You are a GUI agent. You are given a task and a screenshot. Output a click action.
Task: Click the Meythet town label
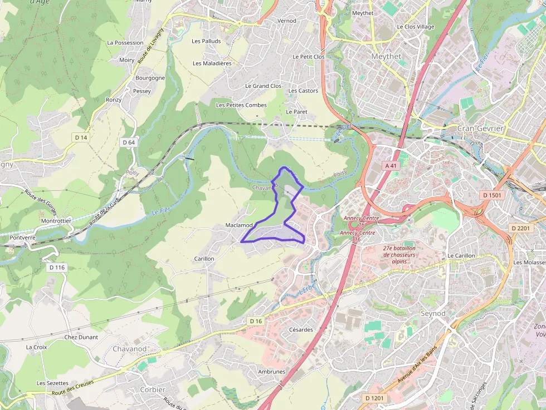point(386,56)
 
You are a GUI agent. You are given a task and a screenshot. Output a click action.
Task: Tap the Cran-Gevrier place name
point(480,129)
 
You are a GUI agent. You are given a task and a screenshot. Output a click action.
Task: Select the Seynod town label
point(433,314)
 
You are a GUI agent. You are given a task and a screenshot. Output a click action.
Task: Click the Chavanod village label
point(129,349)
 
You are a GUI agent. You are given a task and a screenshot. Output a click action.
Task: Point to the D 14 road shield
point(81,137)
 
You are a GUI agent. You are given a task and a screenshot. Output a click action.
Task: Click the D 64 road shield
point(128,142)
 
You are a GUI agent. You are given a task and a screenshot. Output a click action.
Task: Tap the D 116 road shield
point(57,268)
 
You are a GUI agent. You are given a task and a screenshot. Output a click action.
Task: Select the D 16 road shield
point(255,321)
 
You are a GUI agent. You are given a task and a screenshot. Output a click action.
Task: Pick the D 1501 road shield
point(491,195)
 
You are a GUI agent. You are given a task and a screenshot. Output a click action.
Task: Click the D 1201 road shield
point(374,398)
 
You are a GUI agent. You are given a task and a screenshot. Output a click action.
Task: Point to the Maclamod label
point(239,225)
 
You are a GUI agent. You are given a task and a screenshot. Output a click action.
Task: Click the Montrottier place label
point(57,221)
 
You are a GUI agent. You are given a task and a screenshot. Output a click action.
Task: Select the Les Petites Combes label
point(241,105)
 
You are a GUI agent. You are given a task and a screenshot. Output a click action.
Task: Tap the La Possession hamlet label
point(125,43)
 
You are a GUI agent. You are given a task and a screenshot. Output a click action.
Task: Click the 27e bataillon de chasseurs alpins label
point(399,255)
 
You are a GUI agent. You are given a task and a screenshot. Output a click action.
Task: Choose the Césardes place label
point(301,330)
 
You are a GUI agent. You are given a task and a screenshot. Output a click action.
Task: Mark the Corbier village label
point(153,390)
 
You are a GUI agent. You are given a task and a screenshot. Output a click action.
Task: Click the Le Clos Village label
point(415,27)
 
